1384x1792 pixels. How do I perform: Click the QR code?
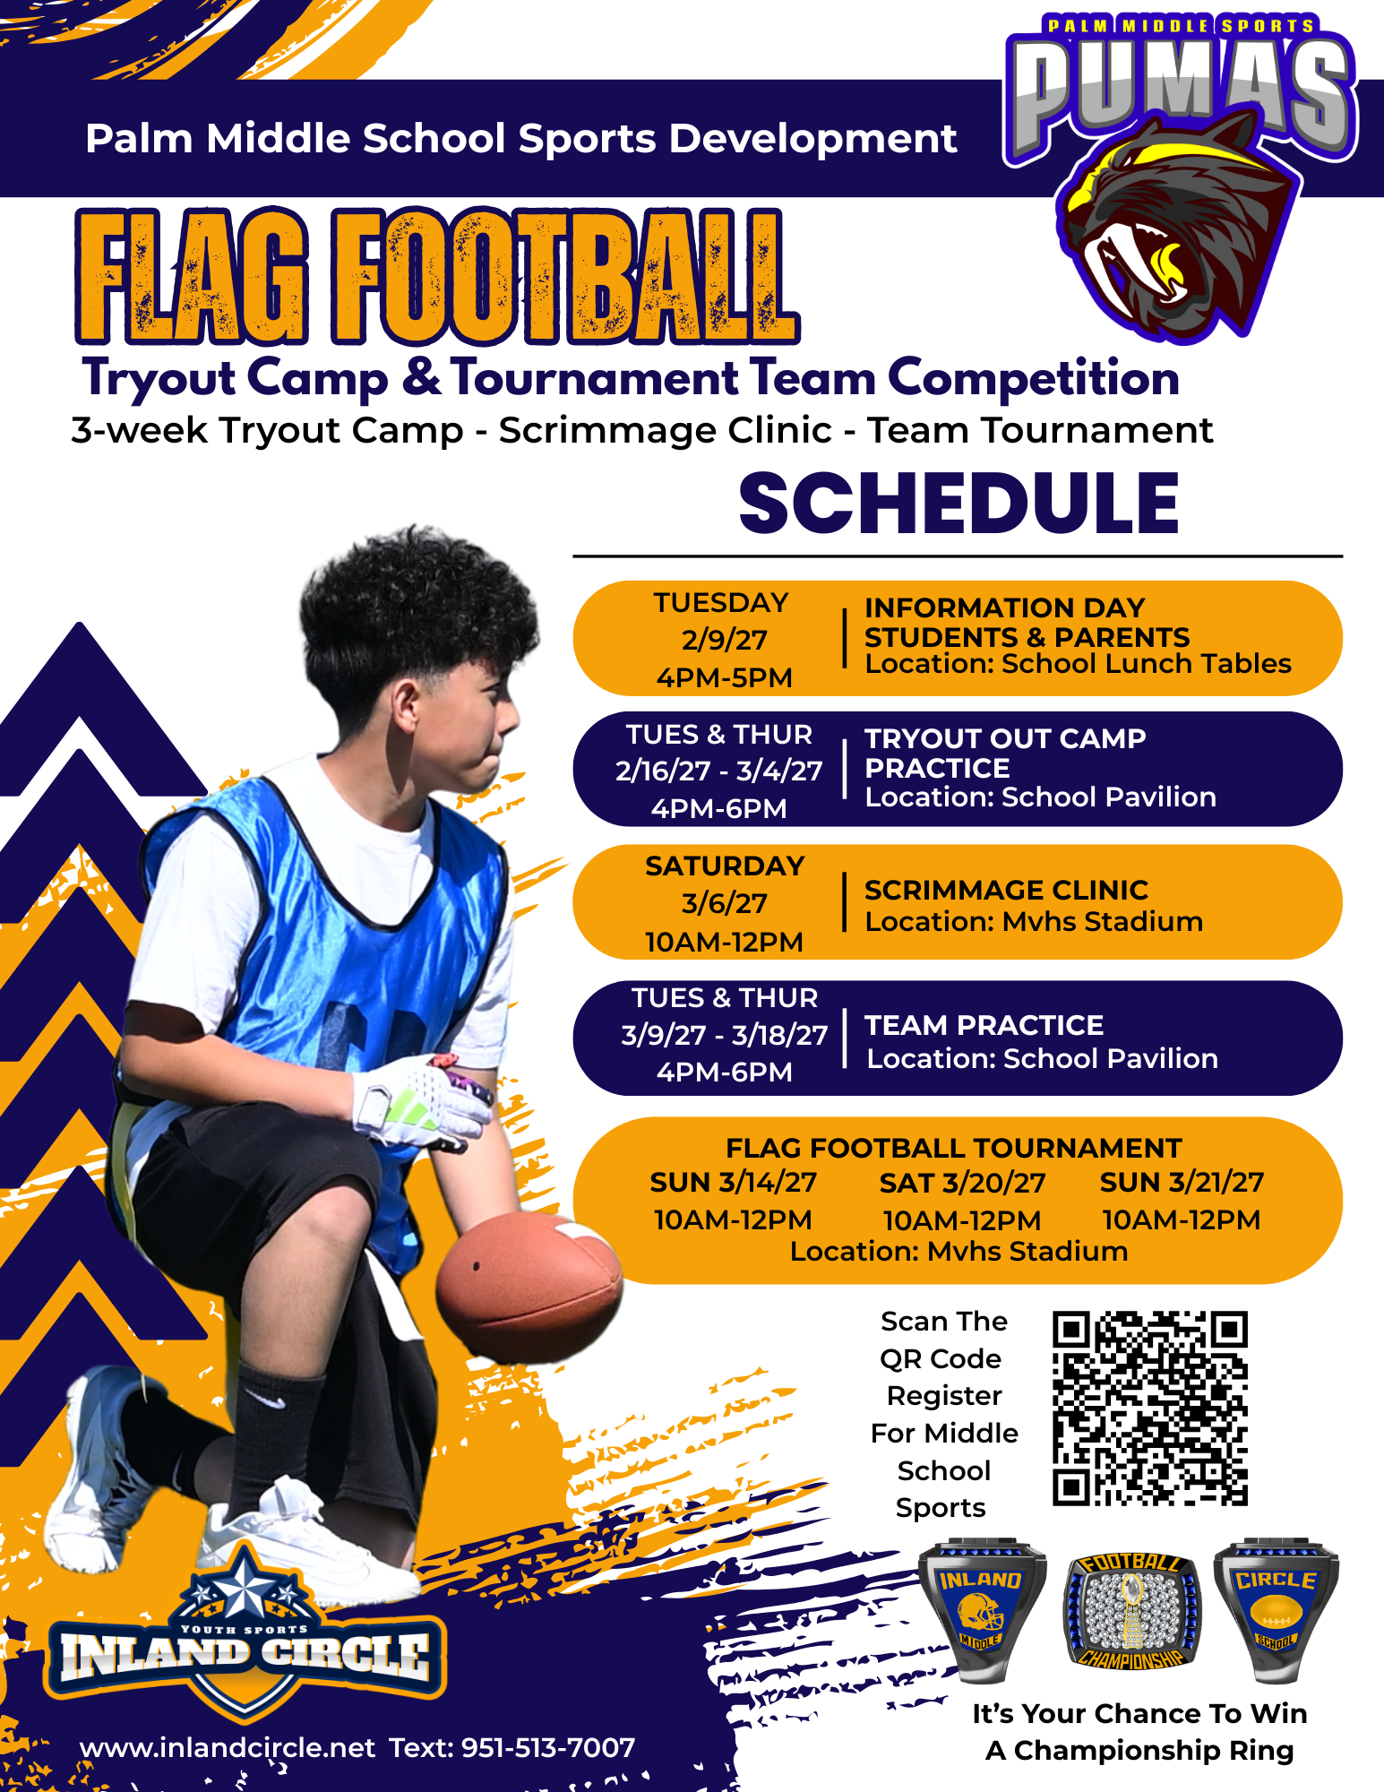pyautogui.click(x=1150, y=1409)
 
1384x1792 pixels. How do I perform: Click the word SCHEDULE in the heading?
pyautogui.click(x=958, y=504)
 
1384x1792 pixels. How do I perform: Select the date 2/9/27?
pyautogui.click(x=724, y=640)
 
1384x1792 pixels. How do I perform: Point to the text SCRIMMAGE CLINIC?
pyautogui.click(x=1006, y=890)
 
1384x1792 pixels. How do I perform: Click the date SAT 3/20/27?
pyautogui.click(x=962, y=1183)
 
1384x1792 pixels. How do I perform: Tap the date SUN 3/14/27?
pyautogui.click(x=733, y=1183)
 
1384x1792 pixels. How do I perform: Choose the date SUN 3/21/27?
pyautogui.click(x=1182, y=1183)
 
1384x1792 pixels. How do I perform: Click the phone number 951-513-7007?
pyautogui.click(x=548, y=1747)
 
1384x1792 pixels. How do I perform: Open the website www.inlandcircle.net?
pyautogui.click(x=228, y=1747)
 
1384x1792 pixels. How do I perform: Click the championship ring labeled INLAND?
pyautogui.click(x=983, y=1610)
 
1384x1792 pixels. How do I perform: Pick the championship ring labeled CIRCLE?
pyautogui.click(x=1277, y=1610)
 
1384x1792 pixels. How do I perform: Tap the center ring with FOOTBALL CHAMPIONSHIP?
pyautogui.click(x=1132, y=1611)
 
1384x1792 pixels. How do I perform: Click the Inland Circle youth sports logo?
pyautogui.click(x=245, y=1635)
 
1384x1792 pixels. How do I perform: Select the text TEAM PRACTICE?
pyautogui.click(x=984, y=1025)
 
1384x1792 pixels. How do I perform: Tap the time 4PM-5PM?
pyautogui.click(x=724, y=677)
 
